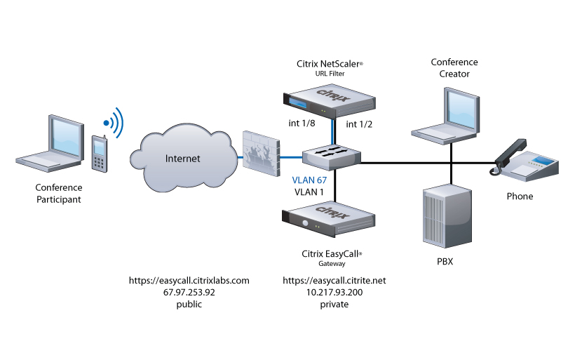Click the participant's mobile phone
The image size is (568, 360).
100,152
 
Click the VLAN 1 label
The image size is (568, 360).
309,192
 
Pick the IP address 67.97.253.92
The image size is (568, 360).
189,292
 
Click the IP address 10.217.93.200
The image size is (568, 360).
334,292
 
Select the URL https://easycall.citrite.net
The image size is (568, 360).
334,280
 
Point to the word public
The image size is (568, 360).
189,305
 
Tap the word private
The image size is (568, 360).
334,305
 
